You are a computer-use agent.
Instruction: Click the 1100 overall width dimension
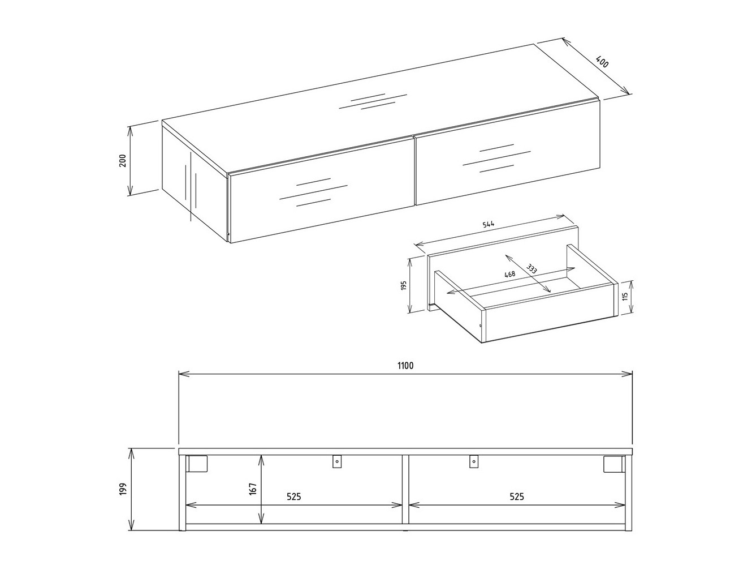click(x=405, y=366)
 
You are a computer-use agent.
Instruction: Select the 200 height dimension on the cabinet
click(x=122, y=161)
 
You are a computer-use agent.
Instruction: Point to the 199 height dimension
click(x=123, y=490)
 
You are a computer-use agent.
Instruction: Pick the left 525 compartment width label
click(x=293, y=496)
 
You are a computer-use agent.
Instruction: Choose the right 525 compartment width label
click(x=516, y=496)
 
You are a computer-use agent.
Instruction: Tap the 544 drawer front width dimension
click(x=489, y=225)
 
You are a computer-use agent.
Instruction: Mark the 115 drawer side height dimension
click(x=625, y=296)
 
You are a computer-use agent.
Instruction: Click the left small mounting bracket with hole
click(x=337, y=462)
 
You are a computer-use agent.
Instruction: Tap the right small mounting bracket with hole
click(x=473, y=462)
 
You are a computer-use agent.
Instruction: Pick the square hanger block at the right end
click(x=612, y=464)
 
